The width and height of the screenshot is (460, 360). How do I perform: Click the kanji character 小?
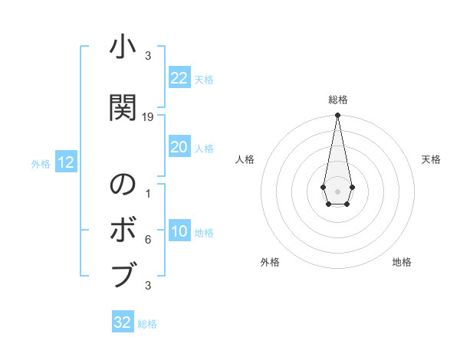pos(123,48)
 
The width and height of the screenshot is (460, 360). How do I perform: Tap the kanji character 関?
pos(123,108)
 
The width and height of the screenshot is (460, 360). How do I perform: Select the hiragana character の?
pos(123,185)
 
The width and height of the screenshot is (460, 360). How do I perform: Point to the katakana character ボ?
pos(123,230)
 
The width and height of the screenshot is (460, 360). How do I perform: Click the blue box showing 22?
pos(179,78)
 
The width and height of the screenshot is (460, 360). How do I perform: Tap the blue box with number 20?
pos(179,147)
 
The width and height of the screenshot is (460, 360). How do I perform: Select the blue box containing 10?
pos(179,232)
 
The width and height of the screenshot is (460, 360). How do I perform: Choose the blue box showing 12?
pos(65,162)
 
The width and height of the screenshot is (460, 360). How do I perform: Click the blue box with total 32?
pos(123,322)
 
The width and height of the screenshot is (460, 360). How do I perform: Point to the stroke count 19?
pos(148,117)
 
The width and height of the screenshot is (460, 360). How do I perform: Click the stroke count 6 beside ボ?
pos(148,240)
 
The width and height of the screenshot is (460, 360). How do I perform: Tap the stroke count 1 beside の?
pos(148,194)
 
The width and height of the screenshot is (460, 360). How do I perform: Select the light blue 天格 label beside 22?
pos(204,80)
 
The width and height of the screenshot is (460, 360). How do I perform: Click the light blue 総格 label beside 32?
pos(147,324)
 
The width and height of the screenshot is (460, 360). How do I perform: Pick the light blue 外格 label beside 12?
pos(41,164)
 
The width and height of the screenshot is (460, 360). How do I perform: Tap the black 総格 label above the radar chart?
pos(337,100)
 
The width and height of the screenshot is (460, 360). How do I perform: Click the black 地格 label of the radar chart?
pos(402,262)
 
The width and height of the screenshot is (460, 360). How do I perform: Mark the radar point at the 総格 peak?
pos(337,116)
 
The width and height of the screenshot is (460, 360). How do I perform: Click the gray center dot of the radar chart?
pos(337,191)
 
